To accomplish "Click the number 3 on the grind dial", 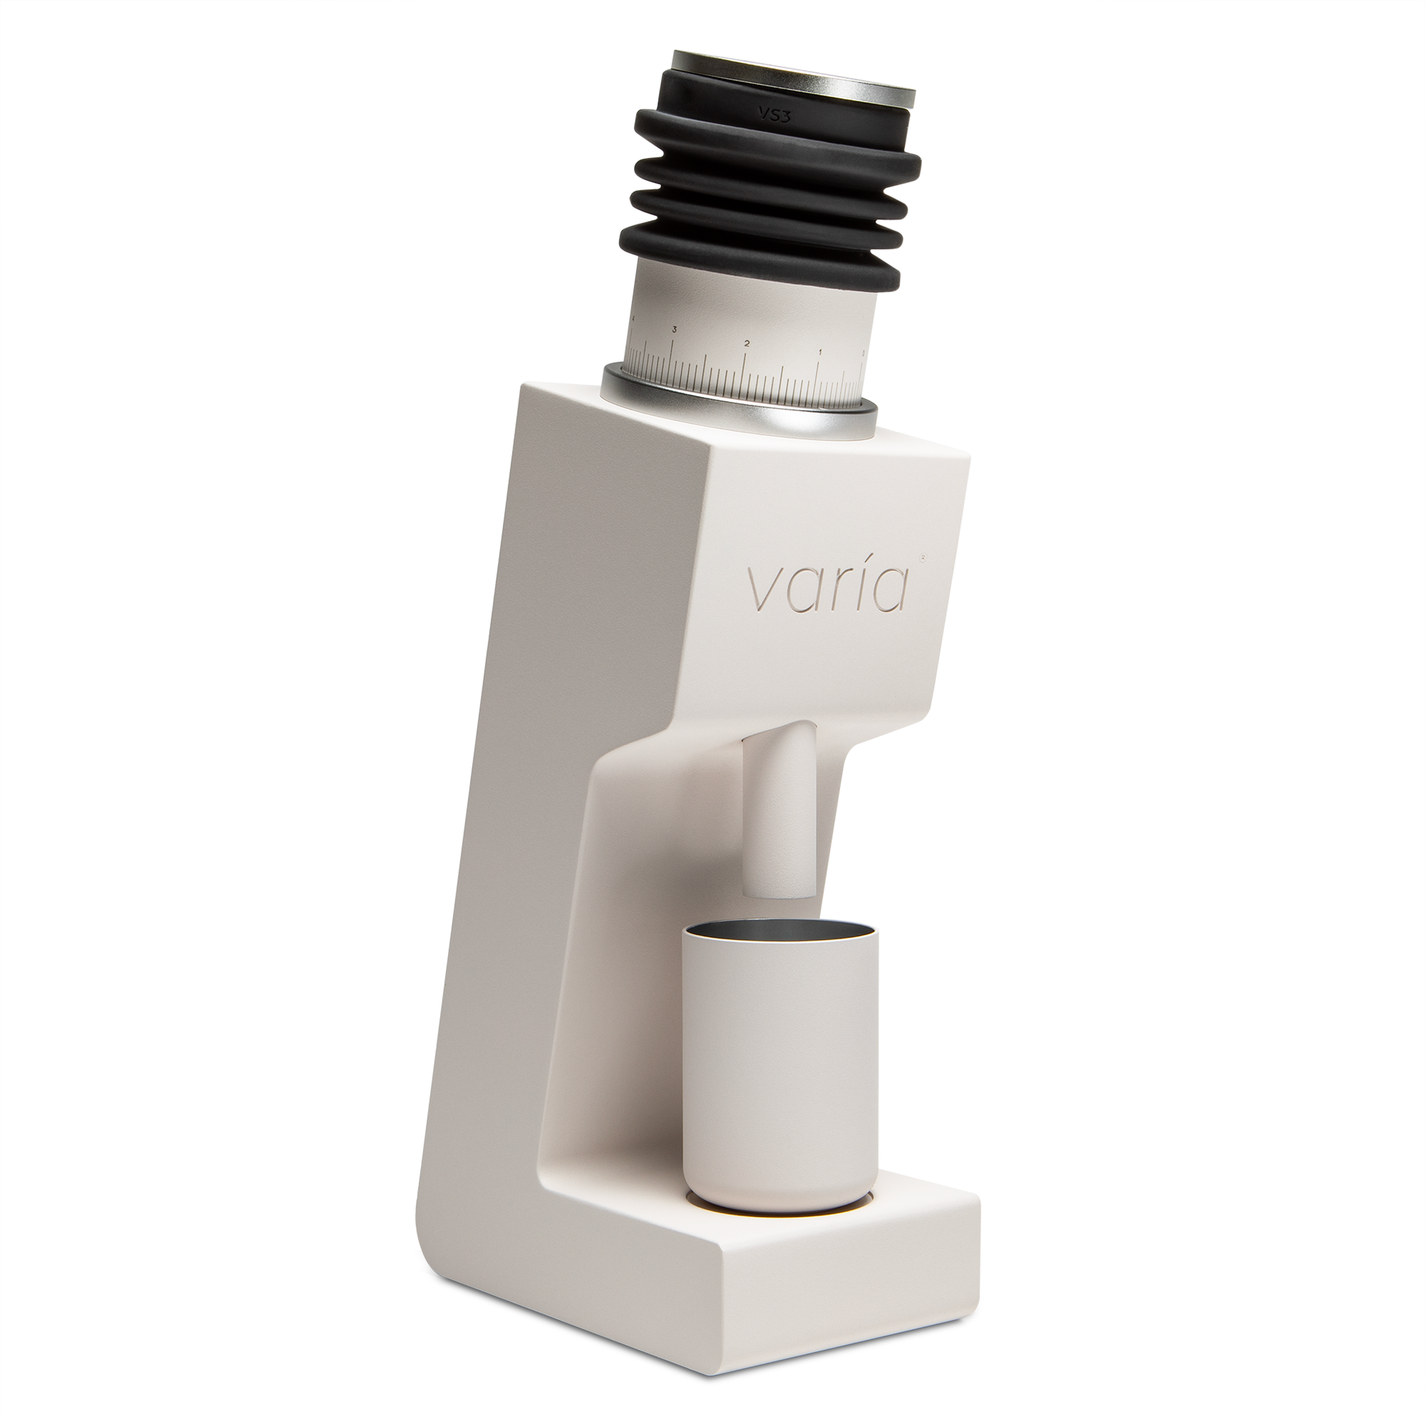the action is coord(674,329).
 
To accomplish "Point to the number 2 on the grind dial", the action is coord(747,343).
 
